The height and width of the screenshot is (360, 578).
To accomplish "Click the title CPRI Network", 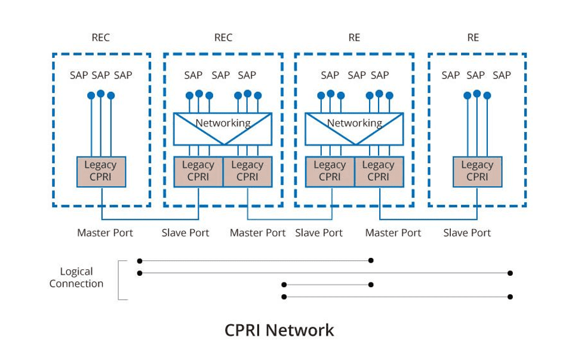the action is (x=279, y=330).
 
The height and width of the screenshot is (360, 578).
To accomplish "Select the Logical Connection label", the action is (x=76, y=278).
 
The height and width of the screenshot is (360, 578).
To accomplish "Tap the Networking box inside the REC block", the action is (x=223, y=129).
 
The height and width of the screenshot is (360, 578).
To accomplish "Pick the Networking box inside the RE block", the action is (x=354, y=129).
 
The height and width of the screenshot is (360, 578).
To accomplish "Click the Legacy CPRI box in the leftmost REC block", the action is (x=101, y=172).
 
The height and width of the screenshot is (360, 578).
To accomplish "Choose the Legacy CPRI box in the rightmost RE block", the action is (x=477, y=172).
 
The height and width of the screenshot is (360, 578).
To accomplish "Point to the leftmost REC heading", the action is (x=101, y=38).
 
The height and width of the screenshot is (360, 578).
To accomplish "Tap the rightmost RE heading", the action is (x=473, y=38).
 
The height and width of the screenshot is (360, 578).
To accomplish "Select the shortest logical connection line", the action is (x=327, y=284).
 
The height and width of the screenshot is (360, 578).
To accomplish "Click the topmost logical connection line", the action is (x=255, y=260).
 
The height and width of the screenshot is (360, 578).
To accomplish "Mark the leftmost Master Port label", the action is (x=105, y=233).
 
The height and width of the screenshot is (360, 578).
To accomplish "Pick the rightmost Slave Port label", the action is (x=467, y=233).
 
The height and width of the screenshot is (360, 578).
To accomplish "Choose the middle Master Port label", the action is (x=258, y=233).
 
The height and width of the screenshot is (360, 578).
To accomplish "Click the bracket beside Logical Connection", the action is (x=118, y=280).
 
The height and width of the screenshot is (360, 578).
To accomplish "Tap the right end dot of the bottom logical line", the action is (x=510, y=297).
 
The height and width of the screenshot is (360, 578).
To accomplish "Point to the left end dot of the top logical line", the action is (x=139, y=261).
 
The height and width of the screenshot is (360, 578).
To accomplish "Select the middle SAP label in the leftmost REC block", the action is (x=101, y=75).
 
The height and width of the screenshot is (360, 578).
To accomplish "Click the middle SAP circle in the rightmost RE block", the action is (x=477, y=94).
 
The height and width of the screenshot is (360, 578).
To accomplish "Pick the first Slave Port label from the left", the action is (x=185, y=233).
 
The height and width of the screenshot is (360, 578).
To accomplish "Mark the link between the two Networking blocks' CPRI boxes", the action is (x=290, y=219).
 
